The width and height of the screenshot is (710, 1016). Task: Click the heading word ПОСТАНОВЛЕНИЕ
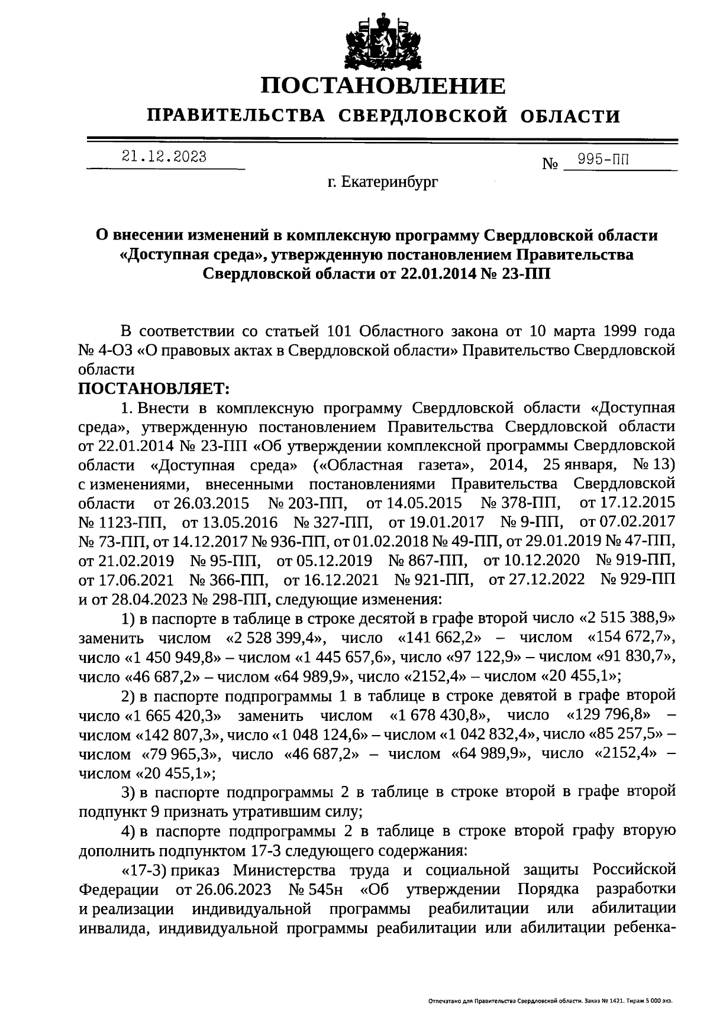click(x=384, y=86)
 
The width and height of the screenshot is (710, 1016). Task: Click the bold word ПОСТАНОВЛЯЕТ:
click(x=153, y=389)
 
